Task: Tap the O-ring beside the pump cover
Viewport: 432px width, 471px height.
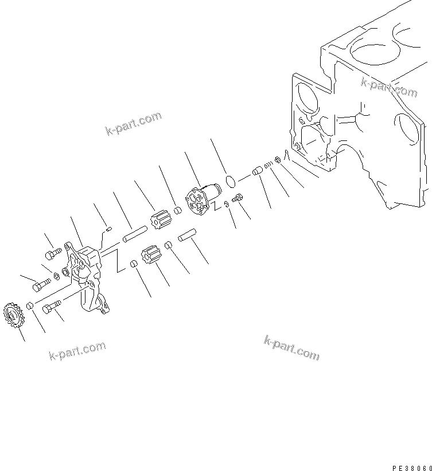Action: pos(231,182)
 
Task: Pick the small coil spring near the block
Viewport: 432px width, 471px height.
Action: pos(268,164)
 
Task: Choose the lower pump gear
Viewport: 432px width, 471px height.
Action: pos(149,255)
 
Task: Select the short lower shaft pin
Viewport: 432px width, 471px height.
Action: pos(186,237)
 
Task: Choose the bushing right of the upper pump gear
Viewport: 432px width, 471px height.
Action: pos(178,210)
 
